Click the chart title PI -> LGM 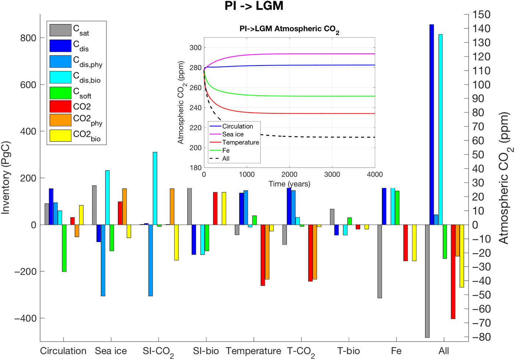coord(254,6)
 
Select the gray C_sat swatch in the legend coord(60,30)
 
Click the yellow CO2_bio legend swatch coord(60,136)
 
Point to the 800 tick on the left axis coord(28,38)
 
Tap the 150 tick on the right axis coord(481,15)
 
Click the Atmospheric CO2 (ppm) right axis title coord(504,178)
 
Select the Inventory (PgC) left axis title coord(6,178)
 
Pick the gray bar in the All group coord(427,281)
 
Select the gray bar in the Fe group coord(380,261)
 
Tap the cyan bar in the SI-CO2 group coord(155,188)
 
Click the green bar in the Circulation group coord(64,248)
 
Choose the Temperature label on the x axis coord(253,351)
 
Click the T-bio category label coord(348,351)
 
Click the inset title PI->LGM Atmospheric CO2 coord(289,29)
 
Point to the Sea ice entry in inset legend coord(233,134)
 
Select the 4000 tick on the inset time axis coord(374,174)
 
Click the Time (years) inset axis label coord(289,184)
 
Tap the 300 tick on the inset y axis coord(195,48)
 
